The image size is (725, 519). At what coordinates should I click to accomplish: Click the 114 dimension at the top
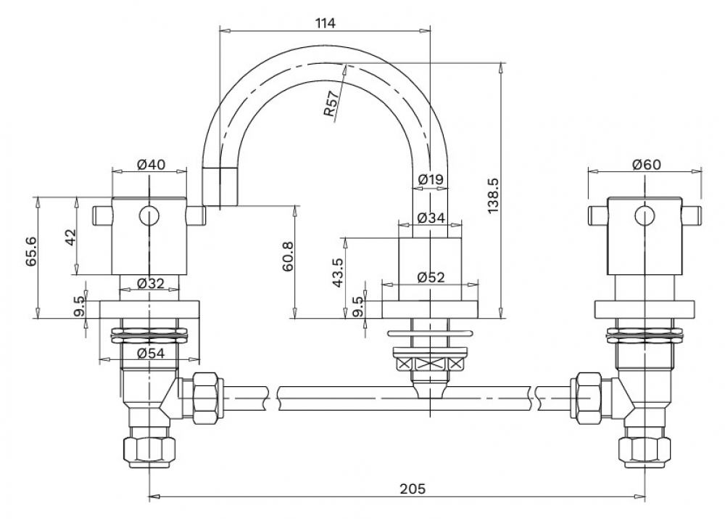click(x=325, y=23)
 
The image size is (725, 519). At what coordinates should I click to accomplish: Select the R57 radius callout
click(x=331, y=105)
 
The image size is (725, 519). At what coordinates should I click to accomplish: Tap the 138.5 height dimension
click(x=493, y=195)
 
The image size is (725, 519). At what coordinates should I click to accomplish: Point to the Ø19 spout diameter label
click(x=431, y=179)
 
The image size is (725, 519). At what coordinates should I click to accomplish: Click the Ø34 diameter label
click(x=431, y=218)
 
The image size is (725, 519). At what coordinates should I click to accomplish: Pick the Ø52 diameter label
click(x=431, y=277)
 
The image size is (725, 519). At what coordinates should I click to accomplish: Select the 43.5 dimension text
click(x=338, y=273)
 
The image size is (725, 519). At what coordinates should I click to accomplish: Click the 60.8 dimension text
click(x=287, y=256)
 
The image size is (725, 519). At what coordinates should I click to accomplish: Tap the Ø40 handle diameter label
click(x=152, y=164)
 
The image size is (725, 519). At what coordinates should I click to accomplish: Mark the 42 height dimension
click(x=70, y=237)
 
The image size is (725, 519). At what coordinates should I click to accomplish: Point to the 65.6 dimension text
click(x=31, y=250)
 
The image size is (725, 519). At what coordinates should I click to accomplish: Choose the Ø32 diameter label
click(x=151, y=283)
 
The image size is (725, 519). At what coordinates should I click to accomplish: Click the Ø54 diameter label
click(x=152, y=354)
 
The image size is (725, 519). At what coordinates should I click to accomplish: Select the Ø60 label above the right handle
click(x=647, y=164)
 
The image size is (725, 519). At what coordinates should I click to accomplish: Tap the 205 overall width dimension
click(x=413, y=489)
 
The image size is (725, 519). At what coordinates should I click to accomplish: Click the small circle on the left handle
click(x=149, y=216)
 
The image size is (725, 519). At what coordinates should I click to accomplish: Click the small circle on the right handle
click(x=645, y=216)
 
